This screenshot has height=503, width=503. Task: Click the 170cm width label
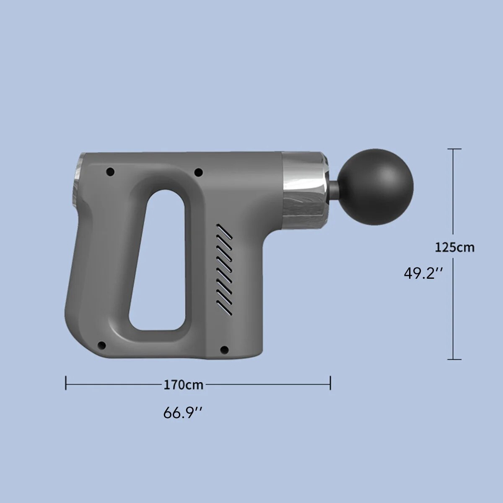point(183,385)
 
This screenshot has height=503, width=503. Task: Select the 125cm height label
point(454,247)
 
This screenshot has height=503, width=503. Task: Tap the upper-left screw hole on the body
point(110,171)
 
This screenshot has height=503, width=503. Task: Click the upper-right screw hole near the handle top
point(199,172)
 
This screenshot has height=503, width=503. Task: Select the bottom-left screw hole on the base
point(102,345)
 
